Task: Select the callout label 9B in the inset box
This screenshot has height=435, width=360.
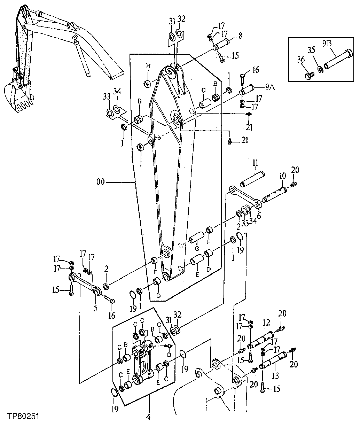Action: [x=327, y=44]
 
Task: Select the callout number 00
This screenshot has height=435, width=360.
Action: [x=100, y=182]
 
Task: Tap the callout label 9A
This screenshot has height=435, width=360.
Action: [x=270, y=88]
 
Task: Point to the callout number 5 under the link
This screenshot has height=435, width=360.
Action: [x=95, y=308]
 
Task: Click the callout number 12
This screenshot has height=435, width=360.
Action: [x=266, y=323]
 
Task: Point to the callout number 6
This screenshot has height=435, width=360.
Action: [x=258, y=216]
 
